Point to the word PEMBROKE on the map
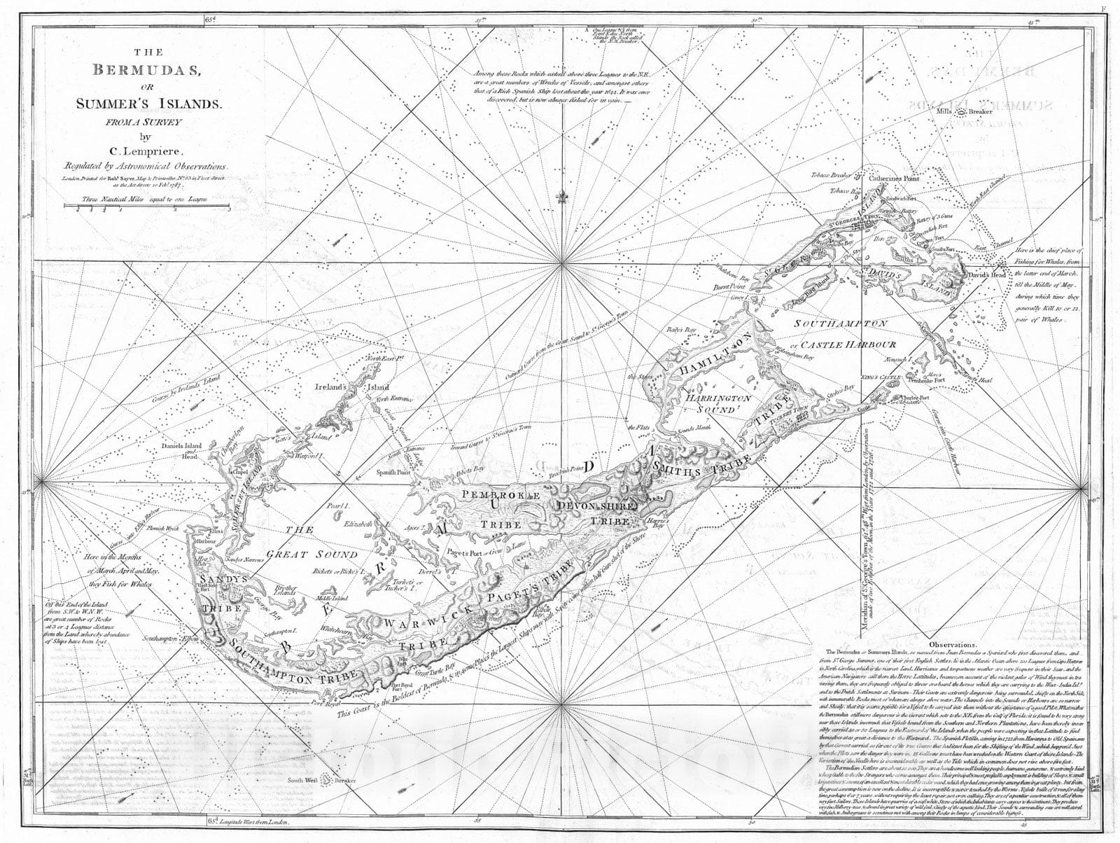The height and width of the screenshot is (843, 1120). tap(498, 495)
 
